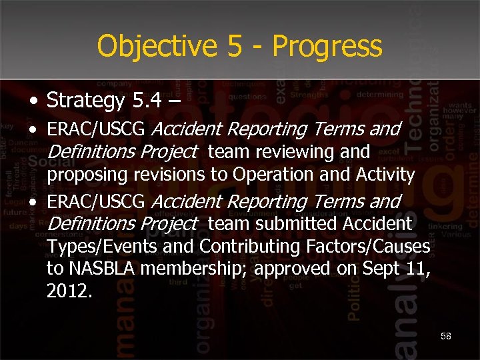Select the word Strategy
[x=86, y=101]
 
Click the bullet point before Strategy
[x=33, y=102]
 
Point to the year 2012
[x=67, y=291]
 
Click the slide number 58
[x=446, y=336]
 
